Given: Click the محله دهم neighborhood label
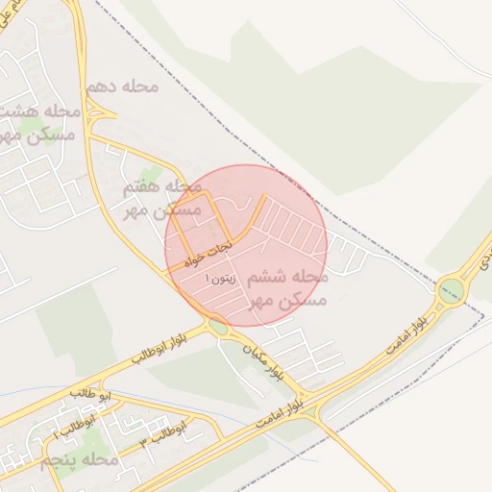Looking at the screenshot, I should tap(121, 86).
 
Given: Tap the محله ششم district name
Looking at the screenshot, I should tap(288, 278).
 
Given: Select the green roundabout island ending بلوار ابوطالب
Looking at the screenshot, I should tap(219, 328).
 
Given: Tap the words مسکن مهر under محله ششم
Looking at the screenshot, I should tap(288, 301).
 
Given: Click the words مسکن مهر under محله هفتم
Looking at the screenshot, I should tap(166, 209).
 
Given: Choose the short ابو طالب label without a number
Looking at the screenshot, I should tap(91, 395).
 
